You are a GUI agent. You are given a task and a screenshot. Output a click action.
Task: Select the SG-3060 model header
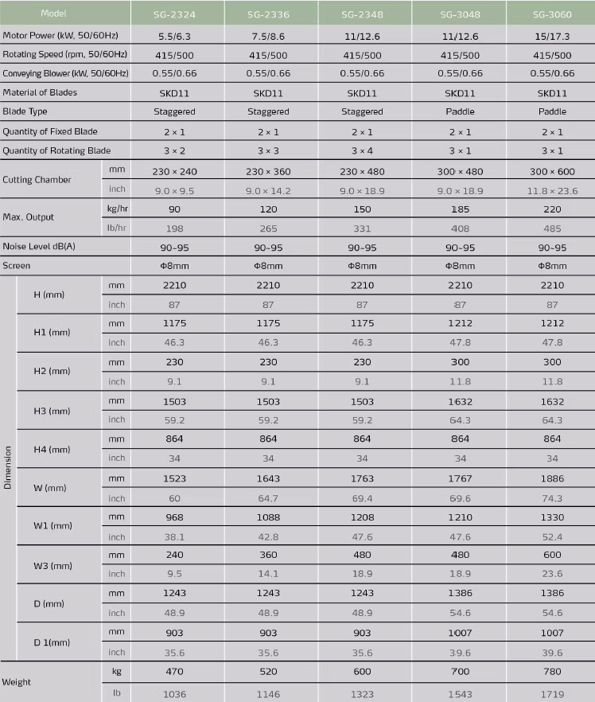click(552, 14)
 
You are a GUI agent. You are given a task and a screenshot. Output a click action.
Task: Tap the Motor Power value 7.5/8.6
click(267, 37)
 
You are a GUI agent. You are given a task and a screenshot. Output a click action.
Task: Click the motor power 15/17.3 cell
click(552, 37)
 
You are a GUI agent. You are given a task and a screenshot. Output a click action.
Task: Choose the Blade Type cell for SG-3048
click(459, 111)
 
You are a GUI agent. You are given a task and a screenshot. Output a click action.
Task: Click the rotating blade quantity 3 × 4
click(362, 150)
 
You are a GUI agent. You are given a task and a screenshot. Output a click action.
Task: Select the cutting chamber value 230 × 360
click(268, 170)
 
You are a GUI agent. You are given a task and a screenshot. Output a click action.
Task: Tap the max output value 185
click(459, 209)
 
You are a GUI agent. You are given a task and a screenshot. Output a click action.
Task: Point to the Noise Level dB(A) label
click(39, 248)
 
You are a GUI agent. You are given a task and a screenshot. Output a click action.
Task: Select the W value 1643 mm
click(268, 479)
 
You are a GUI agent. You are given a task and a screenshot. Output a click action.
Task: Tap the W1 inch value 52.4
click(552, 536)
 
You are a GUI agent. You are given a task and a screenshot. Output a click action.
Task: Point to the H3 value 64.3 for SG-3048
click(459, 419)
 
